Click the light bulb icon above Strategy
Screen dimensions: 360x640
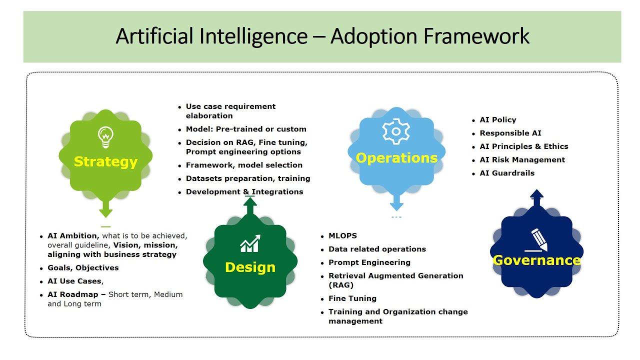pos(105,137)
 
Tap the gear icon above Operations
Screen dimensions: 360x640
pos(396,131)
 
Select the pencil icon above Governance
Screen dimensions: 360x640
pos(537,240)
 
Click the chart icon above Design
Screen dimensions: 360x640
pos(250,243)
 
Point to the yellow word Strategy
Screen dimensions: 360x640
pos(105,161)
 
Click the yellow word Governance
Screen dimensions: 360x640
pos(537,260)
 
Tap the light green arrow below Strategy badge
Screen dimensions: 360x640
pos(105,208)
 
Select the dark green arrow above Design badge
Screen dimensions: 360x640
pos(250,205)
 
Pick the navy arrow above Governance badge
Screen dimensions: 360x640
pos(536,198)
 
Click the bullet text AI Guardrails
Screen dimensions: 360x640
pos(507,173)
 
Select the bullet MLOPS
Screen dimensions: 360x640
pos(342,235)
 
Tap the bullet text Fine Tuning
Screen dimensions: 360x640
pos(352,298)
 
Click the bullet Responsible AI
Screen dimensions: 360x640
pos(510,133)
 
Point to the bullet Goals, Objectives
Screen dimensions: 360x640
pos(83,268)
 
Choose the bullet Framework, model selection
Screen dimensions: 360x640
pos(244,165)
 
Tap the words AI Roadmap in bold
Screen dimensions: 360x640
pos(72,294)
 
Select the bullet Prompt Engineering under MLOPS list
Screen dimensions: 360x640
pos(369,262)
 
